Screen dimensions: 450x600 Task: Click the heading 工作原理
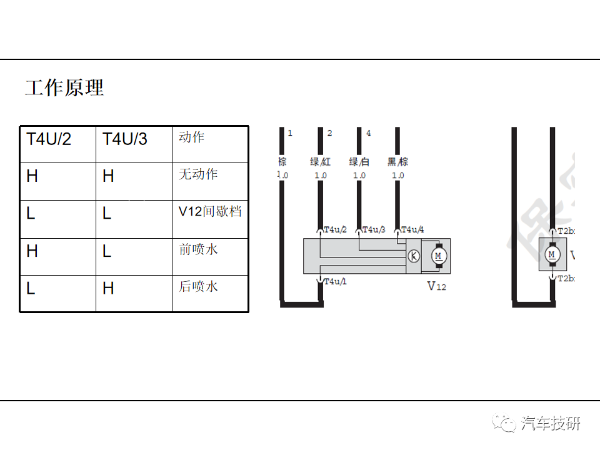click(64, 87)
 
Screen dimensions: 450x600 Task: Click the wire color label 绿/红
click(320, 162)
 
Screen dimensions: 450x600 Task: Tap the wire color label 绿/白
click(359, 162)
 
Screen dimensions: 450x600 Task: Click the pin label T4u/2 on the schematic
click(335, 230)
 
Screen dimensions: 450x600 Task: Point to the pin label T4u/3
click(374, 230)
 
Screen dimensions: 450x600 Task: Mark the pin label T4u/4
click(412, 230)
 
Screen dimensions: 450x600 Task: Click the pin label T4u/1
click(335, 282)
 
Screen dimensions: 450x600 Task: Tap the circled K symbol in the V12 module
click(413, 256)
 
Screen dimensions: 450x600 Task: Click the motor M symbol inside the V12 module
click(438, 256)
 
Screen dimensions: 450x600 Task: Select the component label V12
click(437, 286)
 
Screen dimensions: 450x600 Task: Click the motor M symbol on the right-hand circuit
click(551, 254)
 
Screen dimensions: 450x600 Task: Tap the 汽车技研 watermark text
click(551, 424)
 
